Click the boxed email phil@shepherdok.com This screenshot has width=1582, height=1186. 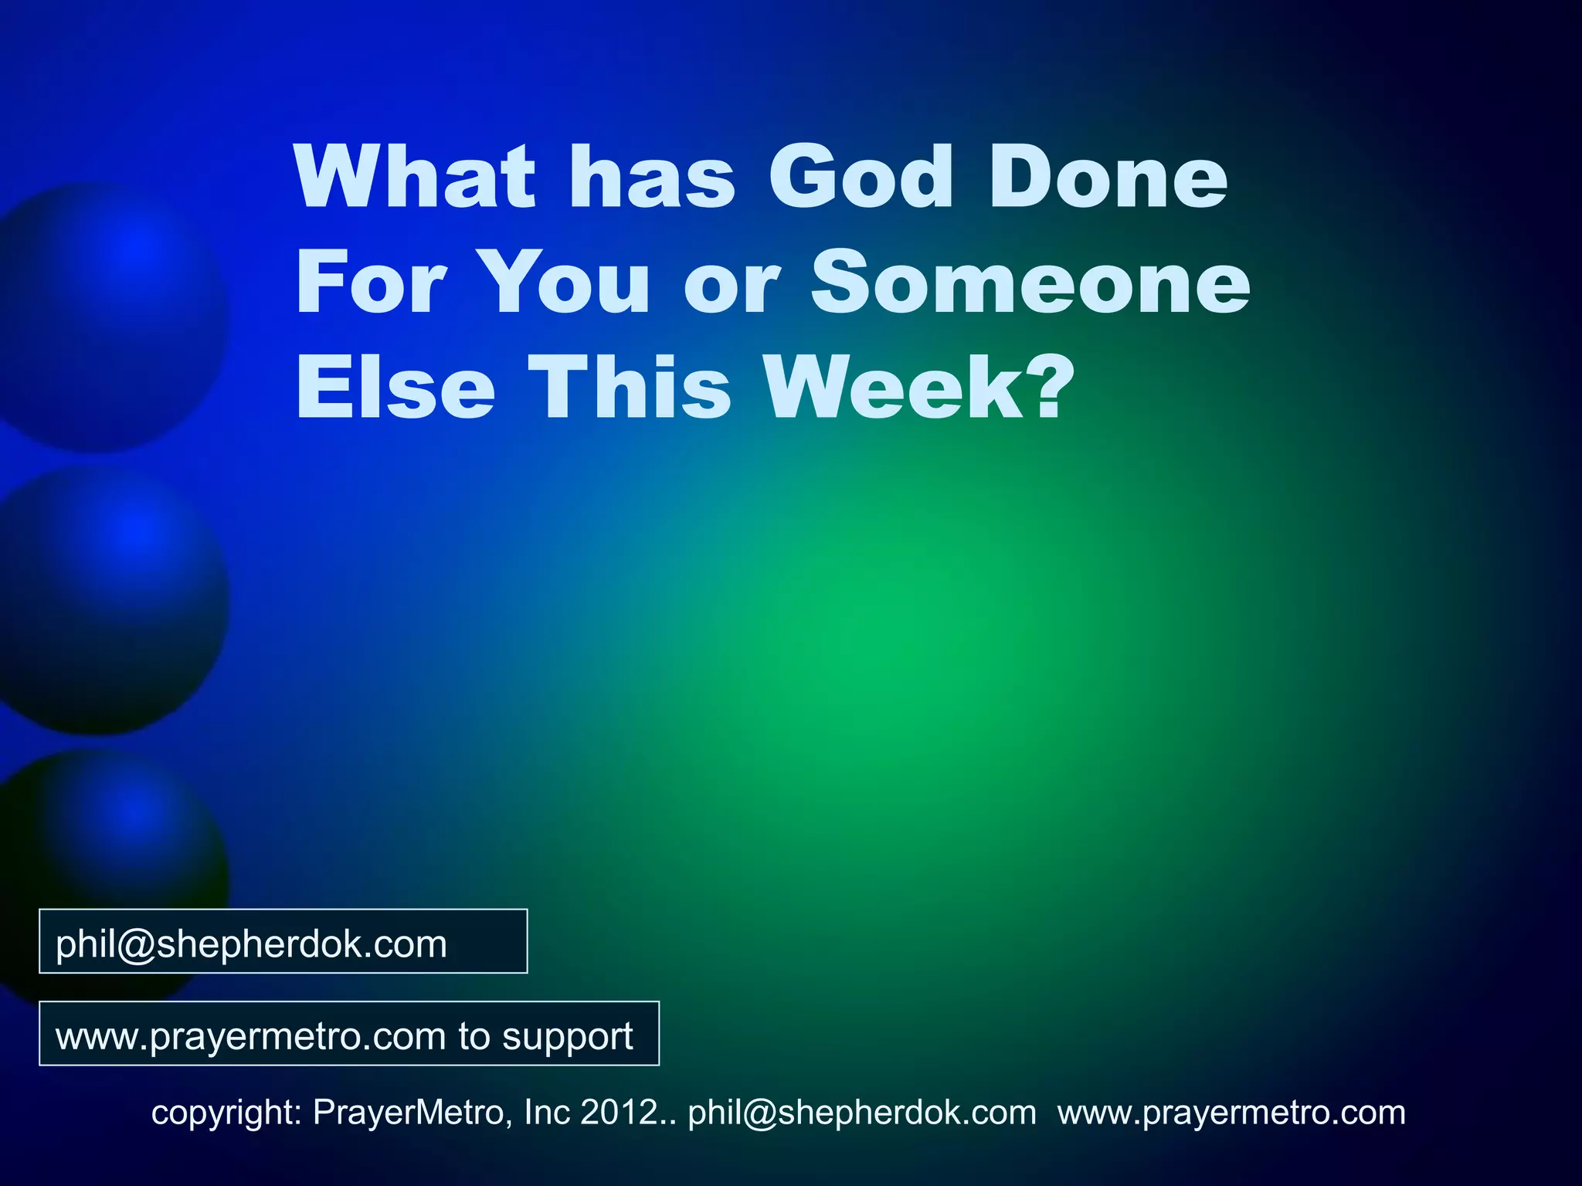point(252,944)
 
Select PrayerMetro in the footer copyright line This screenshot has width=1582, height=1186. point(410,1113)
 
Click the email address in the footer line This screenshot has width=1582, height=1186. point(862,1113)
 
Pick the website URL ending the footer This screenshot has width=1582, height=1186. point(1231,1113)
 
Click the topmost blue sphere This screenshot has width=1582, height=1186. point(108,317)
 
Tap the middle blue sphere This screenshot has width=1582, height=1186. point(108,598)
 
